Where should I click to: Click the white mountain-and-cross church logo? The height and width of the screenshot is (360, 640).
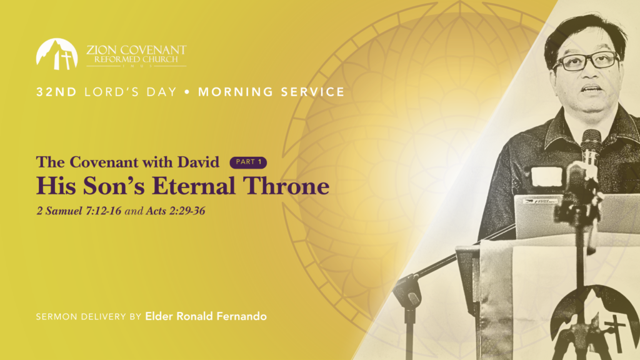pos(57,54)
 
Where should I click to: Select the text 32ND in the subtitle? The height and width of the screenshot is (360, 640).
pos(56,92)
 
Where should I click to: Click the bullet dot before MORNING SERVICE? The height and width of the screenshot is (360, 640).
pos(187,92)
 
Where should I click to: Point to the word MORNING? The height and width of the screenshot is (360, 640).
pos(236,92)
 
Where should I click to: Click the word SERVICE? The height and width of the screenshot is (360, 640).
pos(312,92)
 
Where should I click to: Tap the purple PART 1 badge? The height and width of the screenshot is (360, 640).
pos(248,162)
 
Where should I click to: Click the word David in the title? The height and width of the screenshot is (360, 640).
pos(198,162)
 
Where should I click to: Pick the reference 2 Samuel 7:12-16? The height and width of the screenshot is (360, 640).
pos(79,211)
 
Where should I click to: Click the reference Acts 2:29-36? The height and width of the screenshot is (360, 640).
pos(176,211)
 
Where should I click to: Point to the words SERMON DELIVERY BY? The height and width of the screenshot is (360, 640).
pos(89,317)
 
